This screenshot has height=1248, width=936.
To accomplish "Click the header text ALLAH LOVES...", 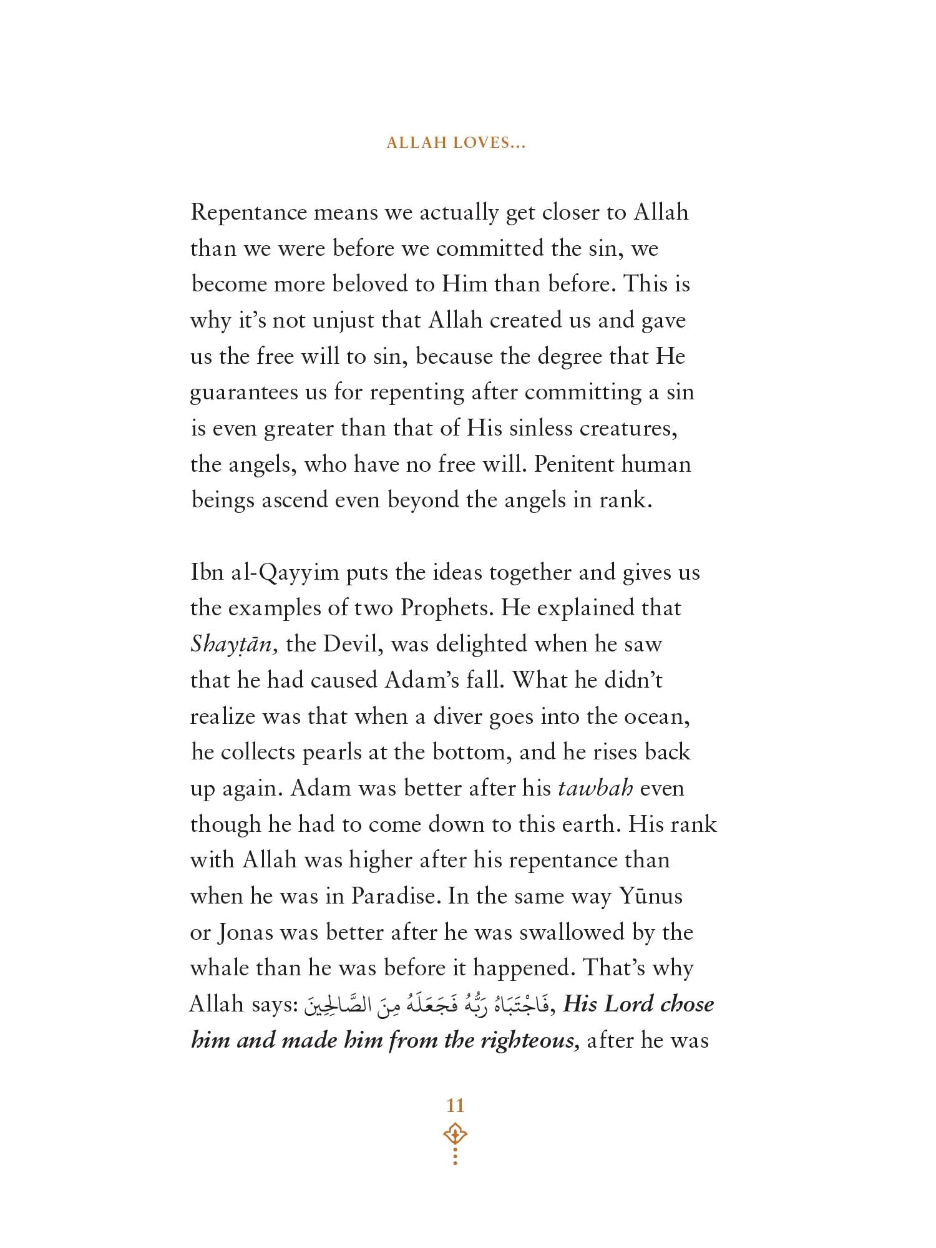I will click(x=456, y=143).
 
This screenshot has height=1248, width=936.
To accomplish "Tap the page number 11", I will click(x=456, y=1106).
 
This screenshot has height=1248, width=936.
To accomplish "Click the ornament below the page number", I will click(x=456, y=1145).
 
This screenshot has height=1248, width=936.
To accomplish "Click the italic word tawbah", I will click(x=595, y=788).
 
